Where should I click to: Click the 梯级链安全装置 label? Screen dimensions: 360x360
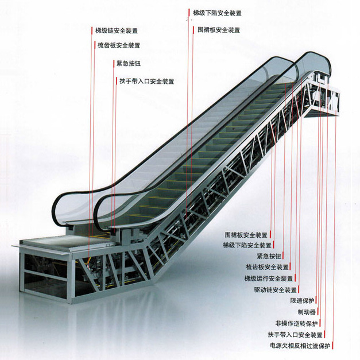click(117, 30)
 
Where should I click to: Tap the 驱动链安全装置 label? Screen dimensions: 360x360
click(275, 289)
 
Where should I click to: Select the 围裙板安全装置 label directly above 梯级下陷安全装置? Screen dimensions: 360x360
click(246, 235)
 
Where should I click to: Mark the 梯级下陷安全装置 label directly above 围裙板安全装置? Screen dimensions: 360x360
click(216, 13)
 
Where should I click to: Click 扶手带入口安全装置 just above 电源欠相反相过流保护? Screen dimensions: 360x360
click(295, 334)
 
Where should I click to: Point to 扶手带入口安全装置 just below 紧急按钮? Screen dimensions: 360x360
click(146, 81)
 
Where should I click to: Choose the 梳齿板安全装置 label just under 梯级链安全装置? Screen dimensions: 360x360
click(118, 45)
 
